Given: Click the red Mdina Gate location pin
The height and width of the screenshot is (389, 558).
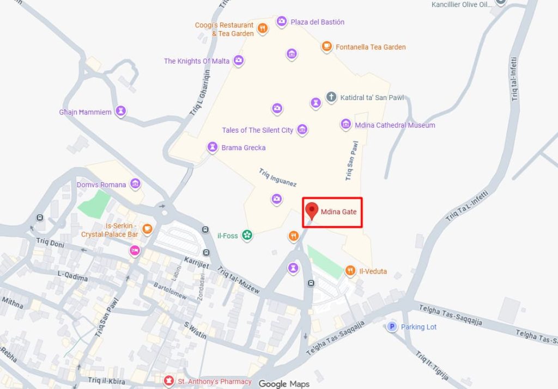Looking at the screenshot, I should pos(312,210).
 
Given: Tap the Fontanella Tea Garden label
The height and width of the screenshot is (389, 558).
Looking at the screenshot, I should pos(371,47).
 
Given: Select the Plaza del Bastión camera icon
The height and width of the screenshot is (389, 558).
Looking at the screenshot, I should pos(282,22).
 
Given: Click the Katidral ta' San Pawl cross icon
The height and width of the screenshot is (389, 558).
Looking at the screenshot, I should pos(331,97).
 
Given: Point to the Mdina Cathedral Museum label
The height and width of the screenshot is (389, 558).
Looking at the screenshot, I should pos(395,125).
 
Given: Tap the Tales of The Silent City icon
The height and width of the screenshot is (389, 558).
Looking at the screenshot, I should pos(302,129).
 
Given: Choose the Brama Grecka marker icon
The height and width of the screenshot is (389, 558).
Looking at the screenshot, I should pos(213,147).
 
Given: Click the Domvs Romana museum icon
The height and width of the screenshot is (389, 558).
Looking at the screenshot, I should pos(135,184).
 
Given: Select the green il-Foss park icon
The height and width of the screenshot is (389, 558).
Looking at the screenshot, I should pos(247,236).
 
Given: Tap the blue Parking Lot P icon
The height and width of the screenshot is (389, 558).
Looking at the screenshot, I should pos(391,326).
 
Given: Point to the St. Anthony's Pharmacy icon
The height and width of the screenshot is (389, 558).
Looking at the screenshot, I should pos(169,381).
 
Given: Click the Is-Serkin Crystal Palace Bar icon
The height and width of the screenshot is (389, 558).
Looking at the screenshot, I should pos(147,229).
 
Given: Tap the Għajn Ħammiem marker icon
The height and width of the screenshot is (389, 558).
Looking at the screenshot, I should pos(121,112).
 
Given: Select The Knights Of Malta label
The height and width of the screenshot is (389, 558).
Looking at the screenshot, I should pos(197,61).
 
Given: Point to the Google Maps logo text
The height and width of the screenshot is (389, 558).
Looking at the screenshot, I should pos(284,384).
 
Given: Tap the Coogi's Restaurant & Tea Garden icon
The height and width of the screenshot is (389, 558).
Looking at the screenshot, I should pos(263,28).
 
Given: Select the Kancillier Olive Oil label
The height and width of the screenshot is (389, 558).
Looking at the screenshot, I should pos(461,4).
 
